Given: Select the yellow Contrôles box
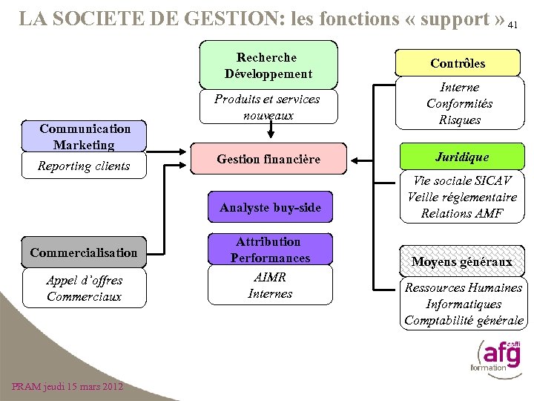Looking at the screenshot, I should tap(458, 63).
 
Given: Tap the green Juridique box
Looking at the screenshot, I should tap(461, 157).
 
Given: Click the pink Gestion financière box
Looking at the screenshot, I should tap(268, 159).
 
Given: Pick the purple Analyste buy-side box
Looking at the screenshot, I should tap(270, 207).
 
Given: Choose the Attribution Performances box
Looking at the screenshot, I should tap(270, 250).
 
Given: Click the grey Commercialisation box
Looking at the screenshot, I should tap(83, 252).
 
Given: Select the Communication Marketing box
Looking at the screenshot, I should tap(85, 136).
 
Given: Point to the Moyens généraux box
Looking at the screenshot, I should tap(461, 261).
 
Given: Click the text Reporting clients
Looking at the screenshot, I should tap(84, 166).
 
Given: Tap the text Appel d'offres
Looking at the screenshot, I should tap(84, 280).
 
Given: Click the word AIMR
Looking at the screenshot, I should tap(270, 277).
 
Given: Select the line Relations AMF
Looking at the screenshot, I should tap(461, 213).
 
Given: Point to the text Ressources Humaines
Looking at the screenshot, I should tap(464, 287).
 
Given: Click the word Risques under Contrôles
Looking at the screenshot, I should tap(460, 120).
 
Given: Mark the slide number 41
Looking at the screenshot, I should tap(512, 25).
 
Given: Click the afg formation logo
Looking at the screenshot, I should tap(495, 355).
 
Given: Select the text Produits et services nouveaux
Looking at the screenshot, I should tap(267, 107).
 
